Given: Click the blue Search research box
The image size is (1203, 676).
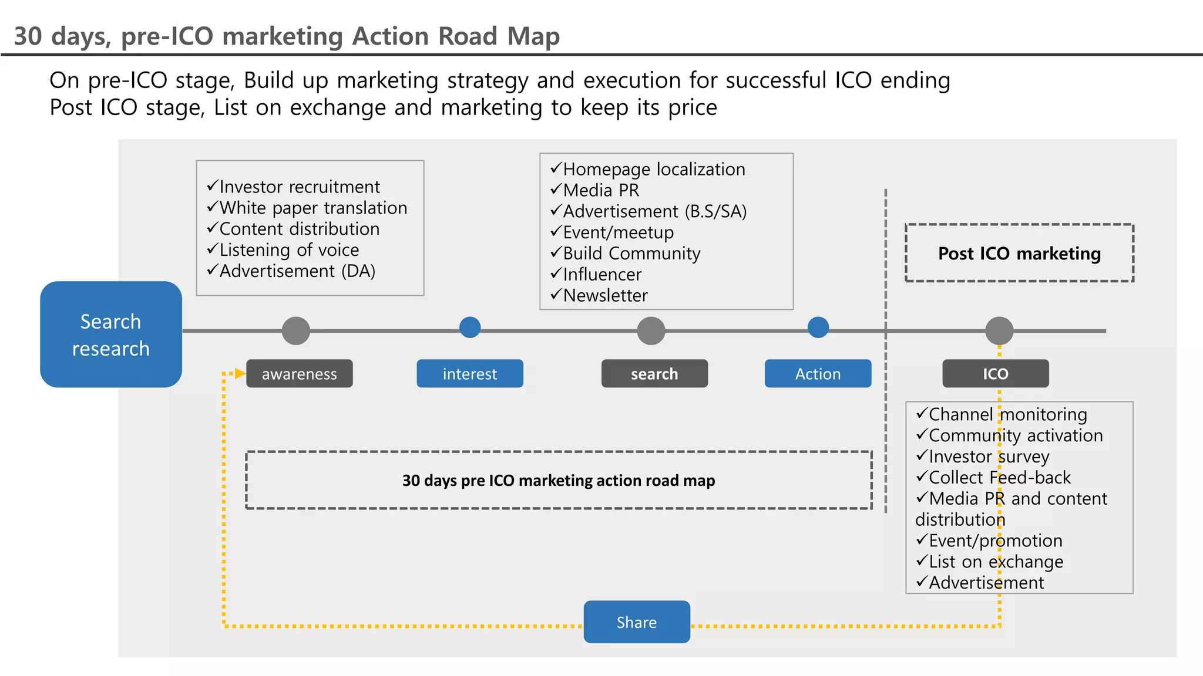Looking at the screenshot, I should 111,334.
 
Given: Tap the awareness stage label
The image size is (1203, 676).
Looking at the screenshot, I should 299,374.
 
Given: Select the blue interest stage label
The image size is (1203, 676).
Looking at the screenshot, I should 469,374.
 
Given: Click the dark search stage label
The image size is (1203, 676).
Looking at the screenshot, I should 654,374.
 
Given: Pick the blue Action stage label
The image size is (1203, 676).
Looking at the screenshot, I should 818,374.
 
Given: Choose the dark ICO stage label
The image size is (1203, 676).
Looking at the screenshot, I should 995,374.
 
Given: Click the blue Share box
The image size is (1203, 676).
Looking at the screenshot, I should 637,622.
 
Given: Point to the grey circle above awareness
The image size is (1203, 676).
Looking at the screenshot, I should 296,331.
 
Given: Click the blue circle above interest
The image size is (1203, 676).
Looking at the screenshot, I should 470,327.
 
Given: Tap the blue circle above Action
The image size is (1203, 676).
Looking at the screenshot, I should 818,327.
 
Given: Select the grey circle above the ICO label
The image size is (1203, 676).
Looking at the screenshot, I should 999,331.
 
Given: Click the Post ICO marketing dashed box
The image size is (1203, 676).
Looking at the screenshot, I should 1019,253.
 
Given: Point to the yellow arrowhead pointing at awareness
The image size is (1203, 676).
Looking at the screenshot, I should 240,373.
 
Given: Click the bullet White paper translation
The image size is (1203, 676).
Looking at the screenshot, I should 312,208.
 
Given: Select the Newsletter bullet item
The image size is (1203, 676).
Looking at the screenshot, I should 605,295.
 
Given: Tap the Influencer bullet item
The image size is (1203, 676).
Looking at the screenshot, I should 602,274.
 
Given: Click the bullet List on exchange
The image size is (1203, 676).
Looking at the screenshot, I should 996,562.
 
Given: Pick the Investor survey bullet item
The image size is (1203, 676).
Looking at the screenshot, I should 989,457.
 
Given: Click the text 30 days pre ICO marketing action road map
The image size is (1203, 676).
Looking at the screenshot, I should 559,481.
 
